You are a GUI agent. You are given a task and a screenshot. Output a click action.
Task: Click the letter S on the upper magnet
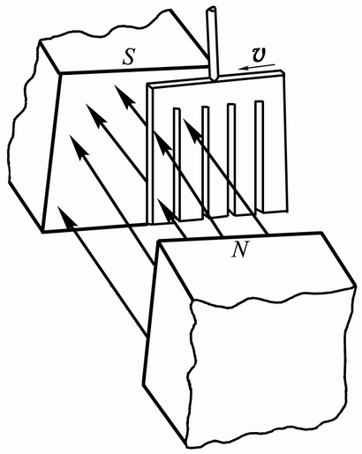pos(129,57)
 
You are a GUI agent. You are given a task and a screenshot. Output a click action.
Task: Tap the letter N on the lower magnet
pos(240,249)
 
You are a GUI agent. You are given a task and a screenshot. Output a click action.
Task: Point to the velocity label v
pos(260,56)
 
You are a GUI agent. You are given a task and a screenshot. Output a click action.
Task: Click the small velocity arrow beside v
pos(257,67)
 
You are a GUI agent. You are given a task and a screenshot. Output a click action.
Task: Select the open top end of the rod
pos(211,10)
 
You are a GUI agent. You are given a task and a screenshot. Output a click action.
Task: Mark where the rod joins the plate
pos(214,78)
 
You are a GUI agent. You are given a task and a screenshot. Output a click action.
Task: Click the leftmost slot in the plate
pos(177,164)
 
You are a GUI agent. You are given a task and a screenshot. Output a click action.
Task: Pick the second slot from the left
pos(206,162)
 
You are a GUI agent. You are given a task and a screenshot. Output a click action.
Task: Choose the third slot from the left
pos(231,160)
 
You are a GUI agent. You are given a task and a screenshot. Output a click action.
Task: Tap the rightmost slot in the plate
pos(260,157)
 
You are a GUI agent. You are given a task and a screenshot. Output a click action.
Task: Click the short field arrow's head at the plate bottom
pos(165,208)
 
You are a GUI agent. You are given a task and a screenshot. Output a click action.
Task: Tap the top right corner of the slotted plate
pos(283,71)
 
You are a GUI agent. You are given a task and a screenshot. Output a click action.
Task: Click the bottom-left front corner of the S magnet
pos(43,233)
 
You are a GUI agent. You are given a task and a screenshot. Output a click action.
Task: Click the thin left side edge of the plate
pos(150,154)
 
